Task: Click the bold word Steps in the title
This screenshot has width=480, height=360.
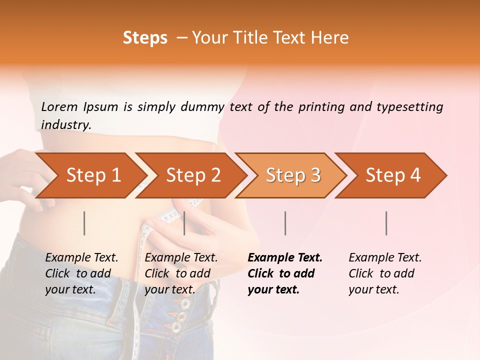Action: point(145,38)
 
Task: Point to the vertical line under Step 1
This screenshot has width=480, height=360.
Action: point(84,223)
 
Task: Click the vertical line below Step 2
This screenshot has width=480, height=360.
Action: point(184,223)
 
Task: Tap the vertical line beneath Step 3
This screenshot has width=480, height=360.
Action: point(285,223)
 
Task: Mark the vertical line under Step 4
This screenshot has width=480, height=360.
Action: point(386,223)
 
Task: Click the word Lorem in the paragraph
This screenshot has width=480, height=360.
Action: point(59,106)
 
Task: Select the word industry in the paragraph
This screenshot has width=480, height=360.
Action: point(65,125)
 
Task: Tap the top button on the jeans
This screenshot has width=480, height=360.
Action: point(185,303)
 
